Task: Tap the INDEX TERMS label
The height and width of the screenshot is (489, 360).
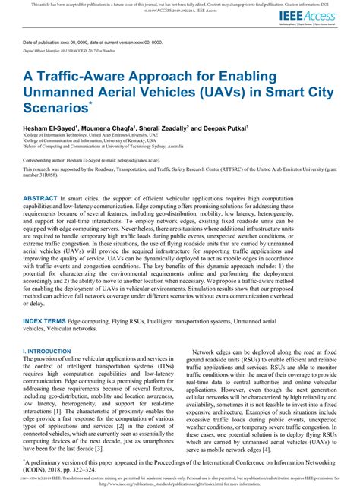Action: click(x=44, y=322)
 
